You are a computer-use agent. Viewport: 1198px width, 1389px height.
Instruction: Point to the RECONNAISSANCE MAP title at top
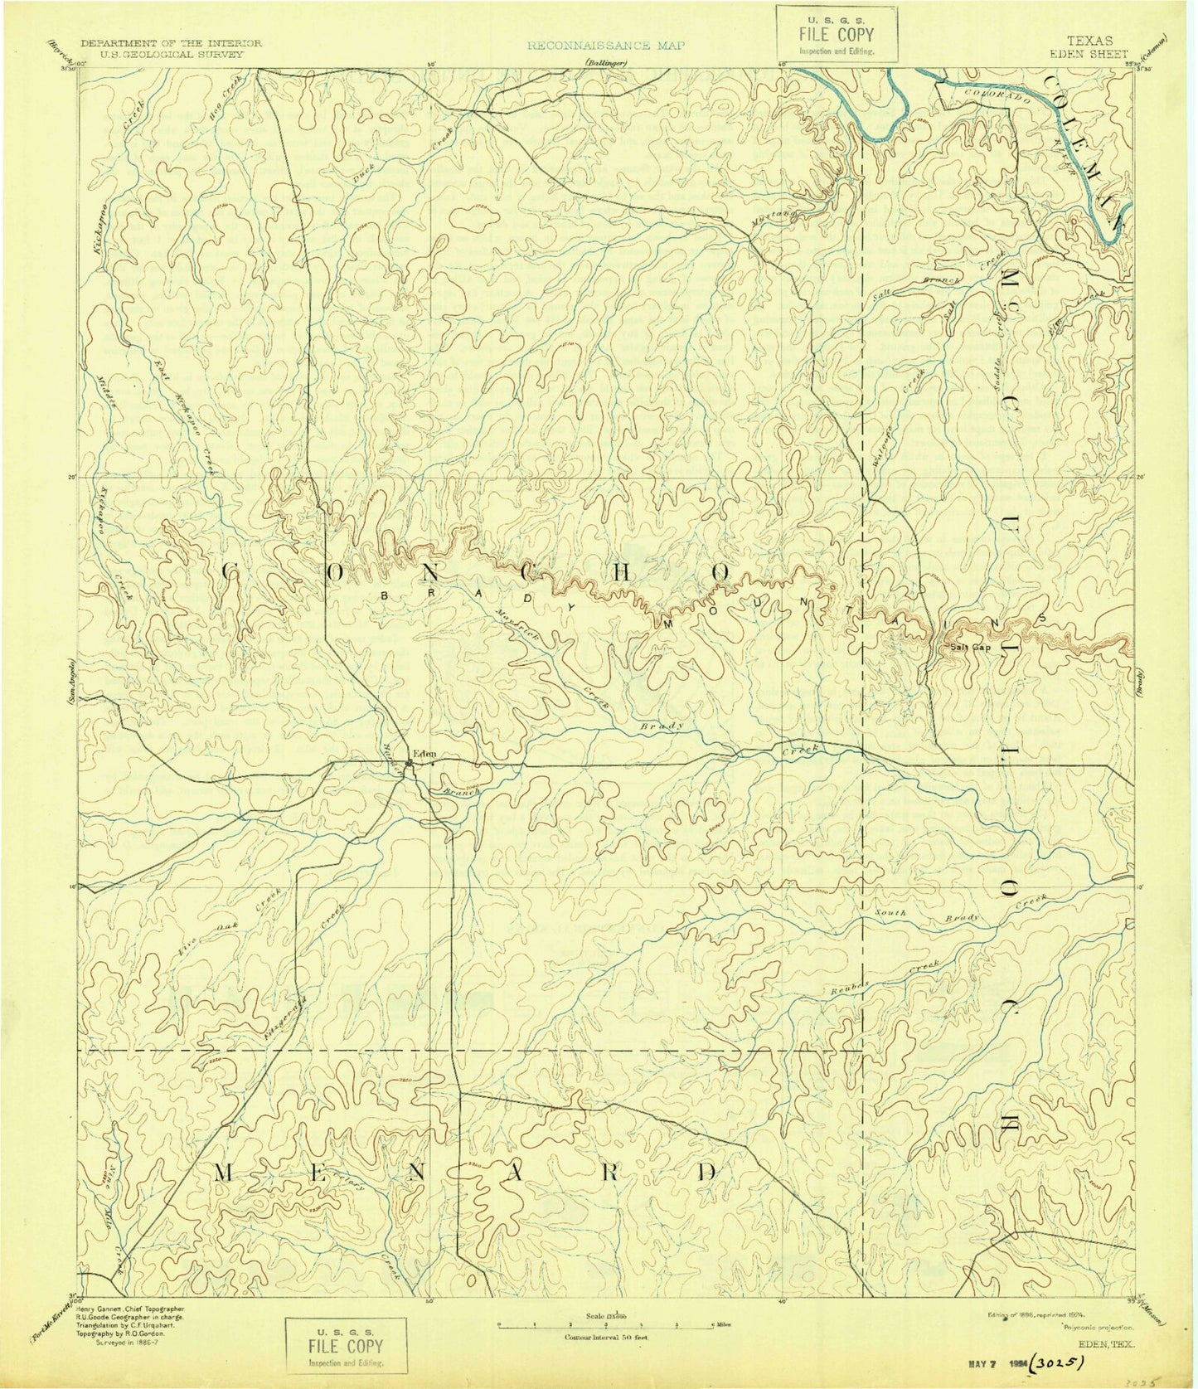pos(606,45)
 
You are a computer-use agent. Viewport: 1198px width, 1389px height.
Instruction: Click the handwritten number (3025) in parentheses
pos(1064,1360)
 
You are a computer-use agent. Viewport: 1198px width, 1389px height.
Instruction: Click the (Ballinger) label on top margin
pos(607,63)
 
